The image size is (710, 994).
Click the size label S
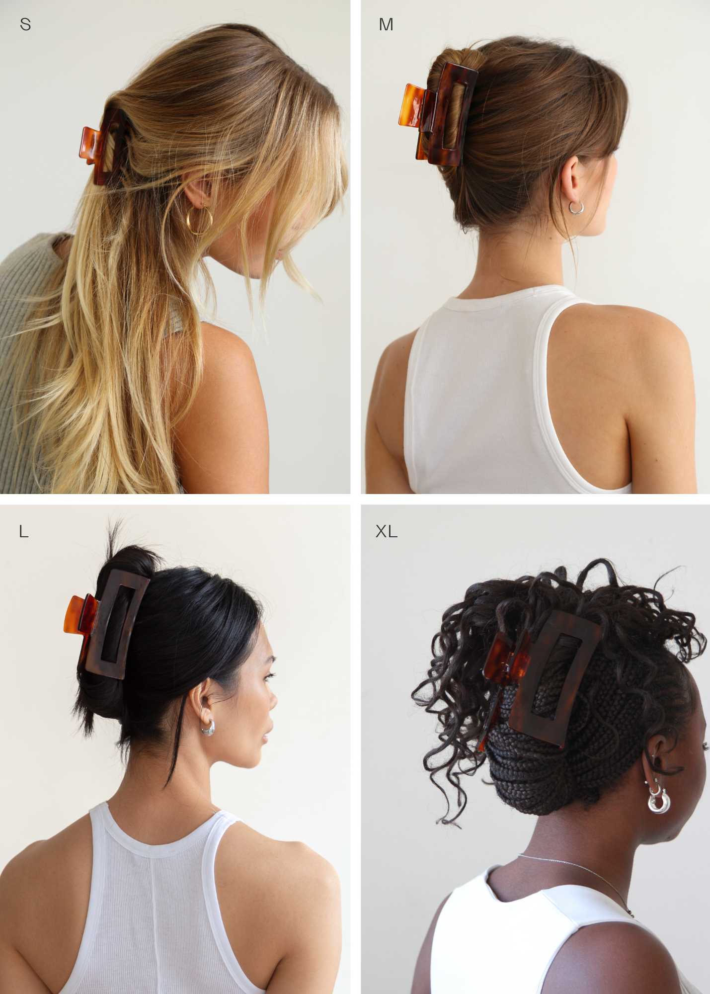(x=25, y=24)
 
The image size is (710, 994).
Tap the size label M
(x=386, y=24)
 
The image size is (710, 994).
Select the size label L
(x=23, y=532)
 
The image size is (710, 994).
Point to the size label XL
(x=387, y=532)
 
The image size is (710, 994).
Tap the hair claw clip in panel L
(x=107, y=624)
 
